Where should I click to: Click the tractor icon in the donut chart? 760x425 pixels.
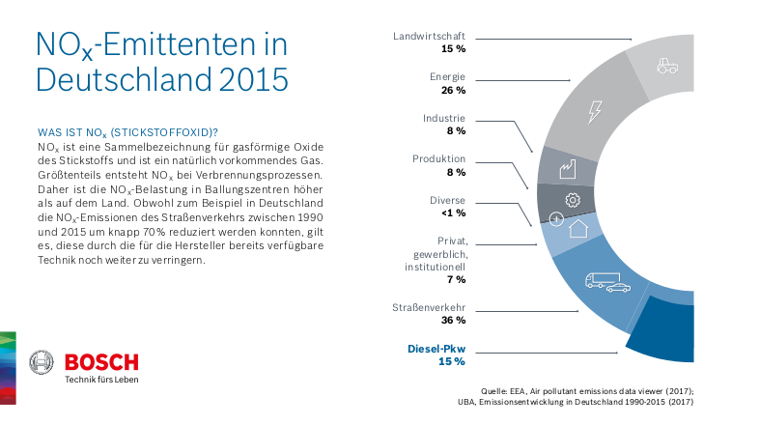(x=666, y=66)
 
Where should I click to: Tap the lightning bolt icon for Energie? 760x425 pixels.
(x=595, y=110)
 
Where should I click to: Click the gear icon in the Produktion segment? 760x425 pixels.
(x=571, y=200)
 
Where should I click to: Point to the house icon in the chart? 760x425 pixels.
(x=577, y=229)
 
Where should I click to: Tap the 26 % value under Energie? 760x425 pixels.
(x=453, y=89)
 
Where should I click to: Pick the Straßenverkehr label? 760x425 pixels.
(x=429, y=307)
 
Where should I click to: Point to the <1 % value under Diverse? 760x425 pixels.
(x=453, y=212)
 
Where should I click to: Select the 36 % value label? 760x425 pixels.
(x=453, y=321)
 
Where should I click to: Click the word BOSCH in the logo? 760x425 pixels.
(x=101, y=362)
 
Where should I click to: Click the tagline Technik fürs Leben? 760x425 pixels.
(x=100, y=380)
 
